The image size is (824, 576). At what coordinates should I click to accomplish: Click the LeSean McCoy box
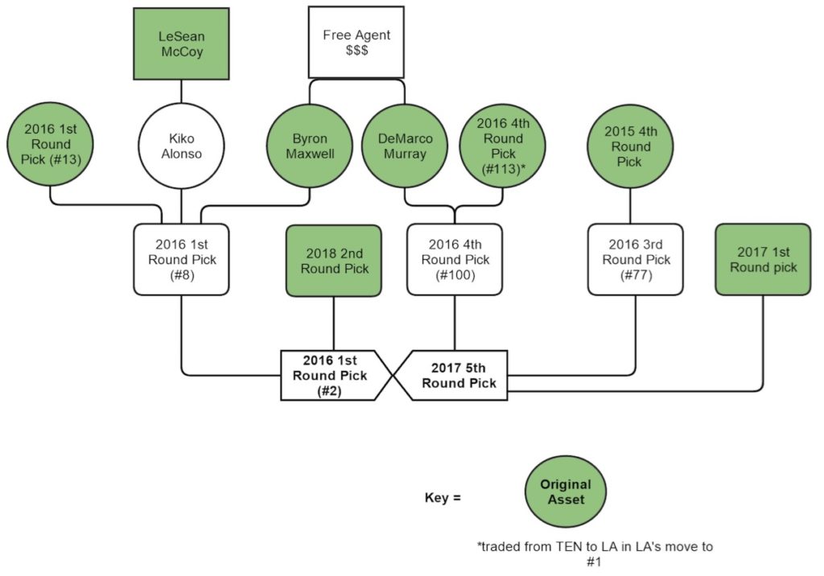[181, 43]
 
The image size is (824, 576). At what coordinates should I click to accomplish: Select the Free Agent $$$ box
[355, 43]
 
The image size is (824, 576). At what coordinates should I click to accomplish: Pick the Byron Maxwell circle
[310, 146]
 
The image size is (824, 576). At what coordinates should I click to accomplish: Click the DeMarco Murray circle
[405, 146]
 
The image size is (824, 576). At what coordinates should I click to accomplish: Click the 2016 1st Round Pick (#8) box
[181, 259]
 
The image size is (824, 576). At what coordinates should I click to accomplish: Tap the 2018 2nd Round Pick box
[334, 260]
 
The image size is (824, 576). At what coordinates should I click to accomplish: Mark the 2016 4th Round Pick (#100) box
[455, 259]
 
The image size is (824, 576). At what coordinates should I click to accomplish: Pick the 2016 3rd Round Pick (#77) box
[636, 259]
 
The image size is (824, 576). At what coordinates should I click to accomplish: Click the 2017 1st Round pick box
[763, 259]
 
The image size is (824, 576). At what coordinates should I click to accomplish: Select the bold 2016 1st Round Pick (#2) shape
[333, 375]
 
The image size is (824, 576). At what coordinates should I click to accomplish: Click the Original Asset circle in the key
[565, 492]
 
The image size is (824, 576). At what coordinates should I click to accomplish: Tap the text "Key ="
[443, 497]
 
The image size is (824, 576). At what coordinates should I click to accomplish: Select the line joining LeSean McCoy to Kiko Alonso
[181, 93]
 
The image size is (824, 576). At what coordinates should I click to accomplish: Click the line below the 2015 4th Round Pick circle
[630, 207]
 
